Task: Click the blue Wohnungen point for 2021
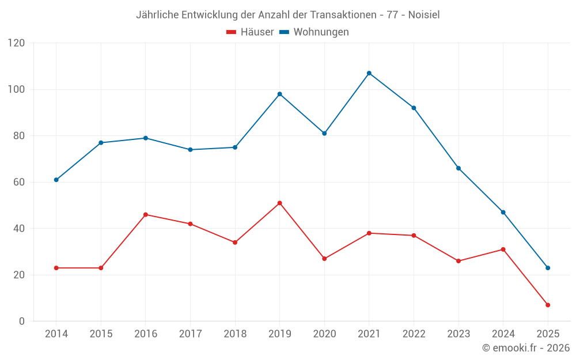pyautogui.click(x=369, y=73)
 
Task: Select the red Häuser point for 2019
pyautogui.click(x=279, y=203)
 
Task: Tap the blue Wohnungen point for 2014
pyautogui.click(x=56, y=180)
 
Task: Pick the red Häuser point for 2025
pyautogui.click(x=548, y=305)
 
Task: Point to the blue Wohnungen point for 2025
pyautogui.click(x=548, y=268)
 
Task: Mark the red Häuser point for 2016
pyautogui.click(x=145, y=214)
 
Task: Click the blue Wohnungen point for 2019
pyautogui.click(x=279, y=94)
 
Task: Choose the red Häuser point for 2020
pyautogui.click(x=324, y=259)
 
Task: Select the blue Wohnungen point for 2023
pyautogui.click(x=458, y=168)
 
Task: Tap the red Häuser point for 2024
pyautogui.click(x=503, y=249)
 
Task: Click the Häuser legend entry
pyautogui.click(x=250, y=32)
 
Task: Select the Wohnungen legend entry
pyautogui.click(x=314, y=32)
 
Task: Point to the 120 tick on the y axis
pyautogui.click(x=17, y=43)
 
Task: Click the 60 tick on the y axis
pyautogui.click(x=19, y=182)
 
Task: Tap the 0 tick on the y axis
pyautogui.click(x=22, y=321)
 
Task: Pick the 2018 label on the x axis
pyautogui.click(x=235, y=334)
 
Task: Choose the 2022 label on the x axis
pyautogui.click(x=414, y=334)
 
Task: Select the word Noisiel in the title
pyautogui.click(x=424, y=15)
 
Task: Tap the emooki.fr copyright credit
pyautogui.click(x=526, y=348)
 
